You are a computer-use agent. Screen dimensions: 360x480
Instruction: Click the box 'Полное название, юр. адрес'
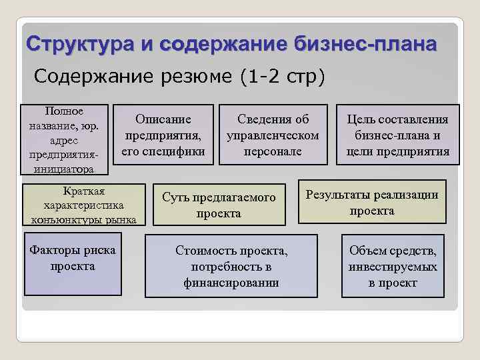[x=63, y=139]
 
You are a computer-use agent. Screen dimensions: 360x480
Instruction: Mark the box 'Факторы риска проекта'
[x=73, y=262]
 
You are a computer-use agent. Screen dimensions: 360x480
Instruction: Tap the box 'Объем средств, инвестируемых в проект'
[x=393, y=266]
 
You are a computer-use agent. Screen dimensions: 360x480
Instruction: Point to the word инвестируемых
[x=393, y=267]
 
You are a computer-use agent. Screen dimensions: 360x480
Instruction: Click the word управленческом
[x=273, y=136]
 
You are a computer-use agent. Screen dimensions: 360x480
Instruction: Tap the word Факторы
[x=53, y=251]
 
